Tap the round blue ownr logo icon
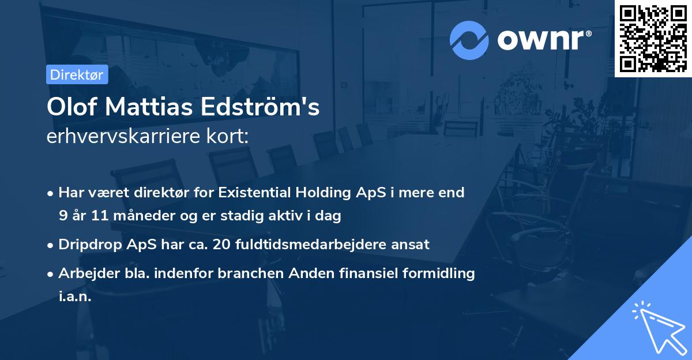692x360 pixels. (x=469, y=40)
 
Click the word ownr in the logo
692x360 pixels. (x=544, y=40)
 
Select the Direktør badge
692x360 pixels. (x=77, y=74)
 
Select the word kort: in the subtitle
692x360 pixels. (x=230, y=137)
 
